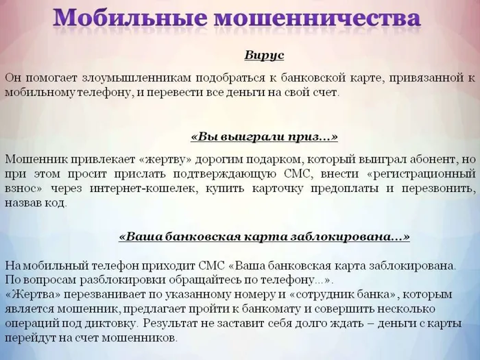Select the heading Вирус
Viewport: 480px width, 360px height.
pyautogui.click(x=264, y=55)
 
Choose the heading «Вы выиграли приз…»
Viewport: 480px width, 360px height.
pyautogui.click(x=264, y=136)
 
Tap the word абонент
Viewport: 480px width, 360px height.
pyautogui.click(x=431, y=159)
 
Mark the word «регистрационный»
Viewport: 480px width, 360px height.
pyautogui.click(x=416, y=174)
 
